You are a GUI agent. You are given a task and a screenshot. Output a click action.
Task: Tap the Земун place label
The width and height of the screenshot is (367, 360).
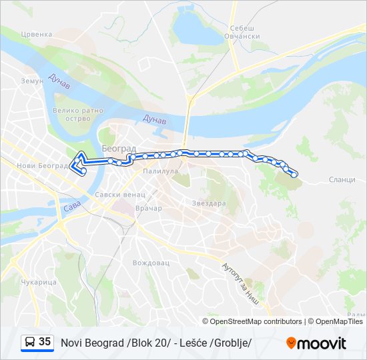tap(31, 81)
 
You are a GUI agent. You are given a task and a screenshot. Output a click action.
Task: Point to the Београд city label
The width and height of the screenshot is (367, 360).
tap(119, 148)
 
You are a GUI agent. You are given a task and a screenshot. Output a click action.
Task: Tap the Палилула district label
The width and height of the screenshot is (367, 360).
tap(159, 171)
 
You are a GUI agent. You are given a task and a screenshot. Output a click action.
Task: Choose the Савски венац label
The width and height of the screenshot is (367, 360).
tap(120, 195)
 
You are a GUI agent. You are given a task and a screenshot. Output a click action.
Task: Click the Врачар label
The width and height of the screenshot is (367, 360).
tap(148, 209)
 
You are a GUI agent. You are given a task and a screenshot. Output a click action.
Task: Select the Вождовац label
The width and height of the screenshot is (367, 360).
tap(151, 263)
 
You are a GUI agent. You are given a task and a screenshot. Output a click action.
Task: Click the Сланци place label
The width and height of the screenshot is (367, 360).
tap(342, 181)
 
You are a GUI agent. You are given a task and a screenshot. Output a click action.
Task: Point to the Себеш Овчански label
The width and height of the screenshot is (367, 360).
tap(244, 32)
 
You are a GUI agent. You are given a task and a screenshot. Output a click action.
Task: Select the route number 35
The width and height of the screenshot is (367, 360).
tap(45, 342)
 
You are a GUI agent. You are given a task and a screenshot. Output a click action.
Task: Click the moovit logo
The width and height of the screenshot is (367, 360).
tap(316, 343)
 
